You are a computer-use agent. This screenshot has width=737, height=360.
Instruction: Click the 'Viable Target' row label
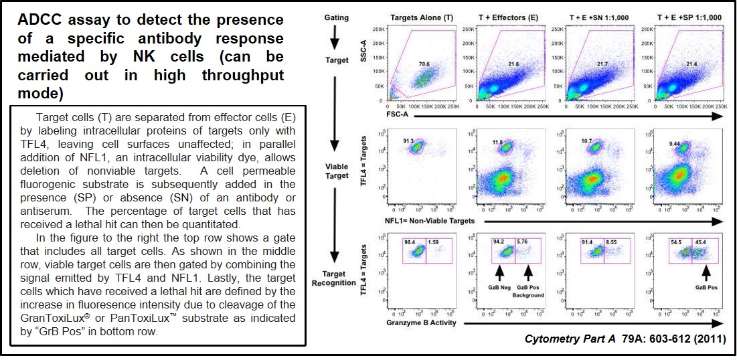337,171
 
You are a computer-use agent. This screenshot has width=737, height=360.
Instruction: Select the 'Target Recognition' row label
337,278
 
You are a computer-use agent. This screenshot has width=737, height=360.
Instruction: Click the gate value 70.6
424,65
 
